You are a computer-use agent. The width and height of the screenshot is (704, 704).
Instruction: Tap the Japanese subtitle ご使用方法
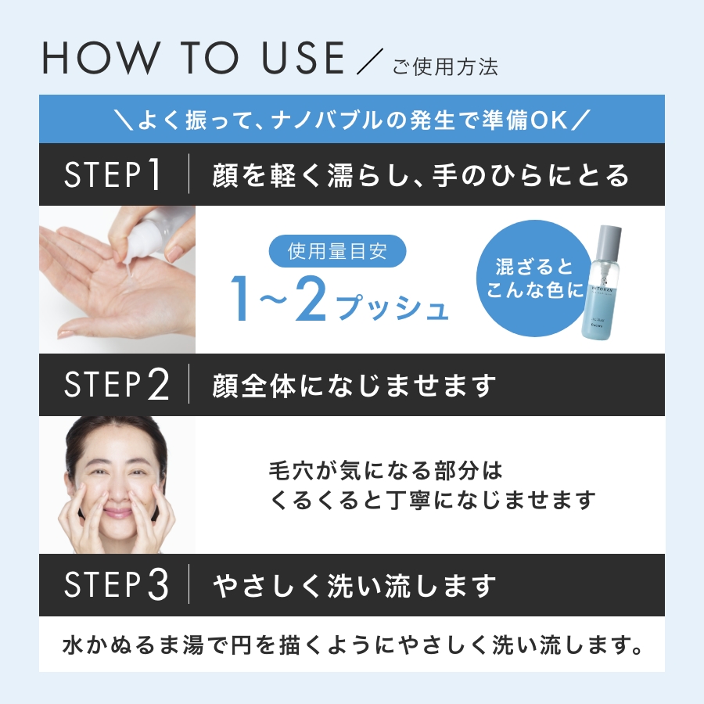coord(445,67)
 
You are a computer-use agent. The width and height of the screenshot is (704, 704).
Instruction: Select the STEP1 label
coord(112,174)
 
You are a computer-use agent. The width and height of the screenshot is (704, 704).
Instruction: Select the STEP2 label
coord(117,385)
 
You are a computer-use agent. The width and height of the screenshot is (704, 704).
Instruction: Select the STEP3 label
coord(117,584)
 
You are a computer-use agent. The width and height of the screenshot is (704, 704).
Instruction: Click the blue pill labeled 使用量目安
coord(338,251)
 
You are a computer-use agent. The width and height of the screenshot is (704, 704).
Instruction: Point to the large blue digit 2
coord(311,300)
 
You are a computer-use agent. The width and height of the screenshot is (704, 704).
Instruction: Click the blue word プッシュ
coord(392,307)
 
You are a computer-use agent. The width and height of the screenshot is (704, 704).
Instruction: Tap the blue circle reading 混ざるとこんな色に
coord(533,278)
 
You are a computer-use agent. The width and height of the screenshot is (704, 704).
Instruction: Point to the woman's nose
coord(118,490)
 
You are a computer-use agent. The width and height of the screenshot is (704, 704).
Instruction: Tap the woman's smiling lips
coord(118,512)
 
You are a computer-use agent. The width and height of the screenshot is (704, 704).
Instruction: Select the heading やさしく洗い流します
coord(354,585)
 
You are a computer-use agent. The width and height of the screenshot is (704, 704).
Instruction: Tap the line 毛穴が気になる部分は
coord(386,470)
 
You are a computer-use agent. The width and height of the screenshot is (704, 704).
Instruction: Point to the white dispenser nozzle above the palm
coord(129,259)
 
